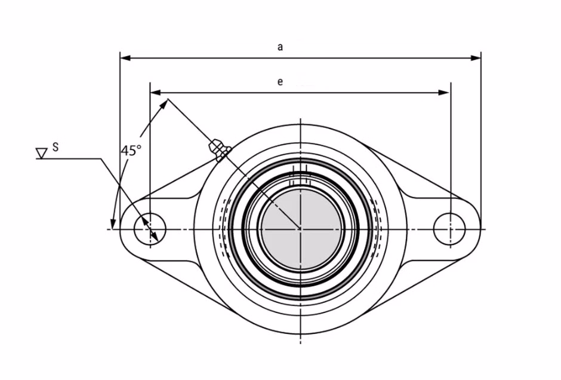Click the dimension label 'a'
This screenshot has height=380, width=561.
[280, 47]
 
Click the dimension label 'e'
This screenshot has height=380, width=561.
[280, 82]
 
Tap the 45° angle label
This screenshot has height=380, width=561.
[131, 151]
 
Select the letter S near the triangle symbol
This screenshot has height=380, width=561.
[56, 147]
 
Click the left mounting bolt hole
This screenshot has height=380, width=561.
[150, 229]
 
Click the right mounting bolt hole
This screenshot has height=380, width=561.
[449, 229]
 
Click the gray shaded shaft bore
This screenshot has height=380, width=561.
[301, 229]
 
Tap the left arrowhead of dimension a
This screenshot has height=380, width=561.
[125, 58]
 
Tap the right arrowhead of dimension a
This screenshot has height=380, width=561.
[476, 58]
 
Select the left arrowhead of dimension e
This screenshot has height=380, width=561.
[156, 93]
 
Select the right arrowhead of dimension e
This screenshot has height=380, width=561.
[443, 93]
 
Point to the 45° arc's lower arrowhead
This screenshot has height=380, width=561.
[113, 223]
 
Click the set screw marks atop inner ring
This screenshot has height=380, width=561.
[300, 176]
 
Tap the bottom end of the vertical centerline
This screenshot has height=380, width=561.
[301, 344]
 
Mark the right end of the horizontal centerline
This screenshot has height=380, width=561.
[486, 229]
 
